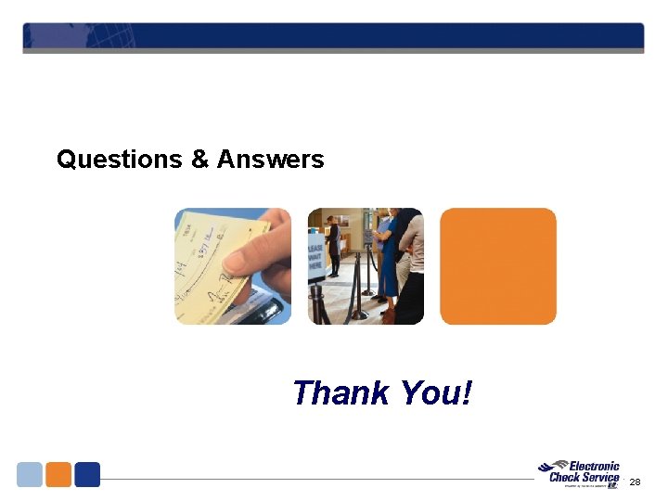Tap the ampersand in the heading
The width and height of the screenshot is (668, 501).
click(199, 160)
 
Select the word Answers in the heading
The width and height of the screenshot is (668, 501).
click(271, 160)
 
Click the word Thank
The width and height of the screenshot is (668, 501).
click(340, 393)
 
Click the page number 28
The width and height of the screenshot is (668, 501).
click(635, 482)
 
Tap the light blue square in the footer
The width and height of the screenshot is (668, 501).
click(30, 474)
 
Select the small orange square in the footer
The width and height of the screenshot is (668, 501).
click(58, 474)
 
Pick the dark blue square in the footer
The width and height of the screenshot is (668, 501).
click(87, 474)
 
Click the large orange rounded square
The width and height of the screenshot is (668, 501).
click(498, 266)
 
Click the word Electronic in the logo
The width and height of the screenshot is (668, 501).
click(594, 467)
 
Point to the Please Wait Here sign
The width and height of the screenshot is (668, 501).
click(316, 252)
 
